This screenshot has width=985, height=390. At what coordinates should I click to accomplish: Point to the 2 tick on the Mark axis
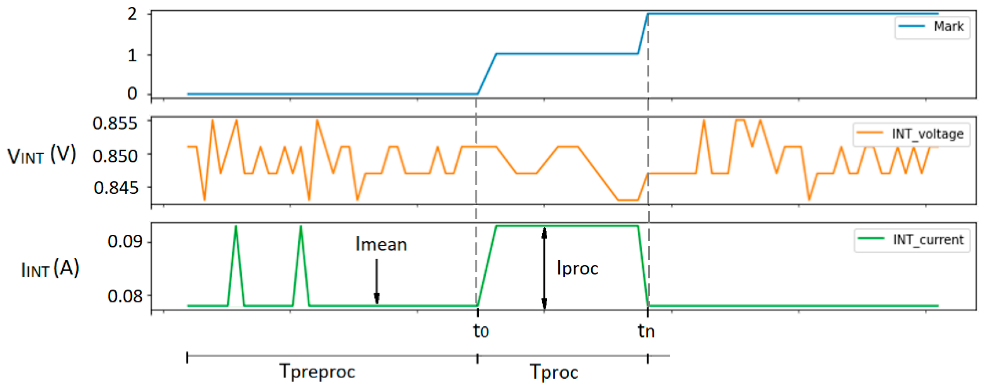132,15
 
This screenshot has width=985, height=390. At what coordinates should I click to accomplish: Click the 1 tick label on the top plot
132,56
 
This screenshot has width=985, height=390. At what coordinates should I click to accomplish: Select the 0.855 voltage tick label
115,123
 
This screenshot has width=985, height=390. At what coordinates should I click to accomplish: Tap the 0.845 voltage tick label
115,187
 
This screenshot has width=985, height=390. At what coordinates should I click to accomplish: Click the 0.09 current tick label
125,241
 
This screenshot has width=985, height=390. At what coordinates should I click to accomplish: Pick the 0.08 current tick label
125,296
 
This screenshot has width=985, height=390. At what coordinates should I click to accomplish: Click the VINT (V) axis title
42,155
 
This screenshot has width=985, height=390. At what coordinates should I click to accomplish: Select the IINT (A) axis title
50,269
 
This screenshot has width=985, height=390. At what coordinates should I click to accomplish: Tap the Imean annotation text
381,244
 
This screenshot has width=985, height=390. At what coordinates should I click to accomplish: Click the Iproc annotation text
577,269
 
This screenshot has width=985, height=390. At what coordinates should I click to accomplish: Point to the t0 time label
481,331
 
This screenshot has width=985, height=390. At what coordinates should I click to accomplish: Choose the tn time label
646,331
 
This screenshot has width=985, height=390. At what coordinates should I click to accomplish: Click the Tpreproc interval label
317,371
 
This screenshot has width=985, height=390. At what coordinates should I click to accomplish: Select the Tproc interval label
554,372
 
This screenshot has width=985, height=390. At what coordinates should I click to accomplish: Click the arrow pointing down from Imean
377,281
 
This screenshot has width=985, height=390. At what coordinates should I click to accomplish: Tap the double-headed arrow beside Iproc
544,268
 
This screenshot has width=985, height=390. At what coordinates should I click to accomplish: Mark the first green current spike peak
236,227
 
